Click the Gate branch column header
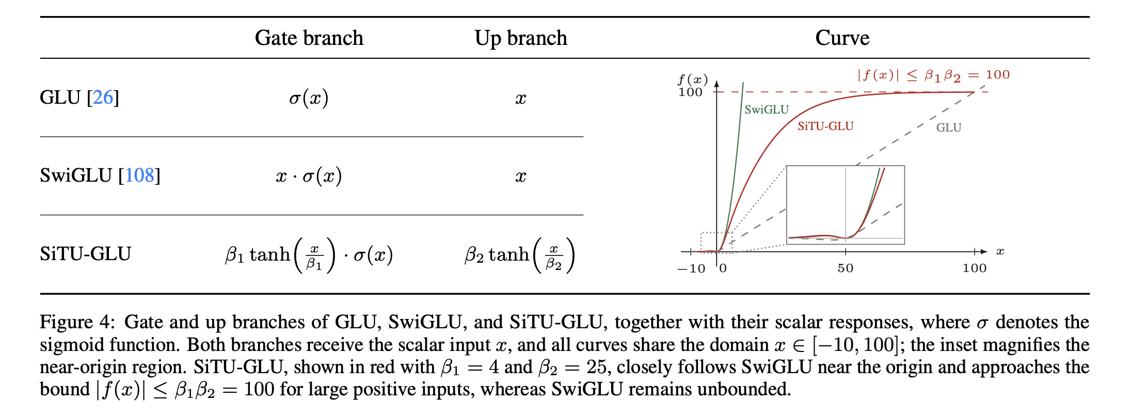[x=309, y=38]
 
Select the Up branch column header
[x=521, y=38]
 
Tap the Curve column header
[x=842, y=38]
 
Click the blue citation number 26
[x=103, y=97]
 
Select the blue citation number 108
[x=139, y=175]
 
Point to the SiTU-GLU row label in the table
[x=86, y=253]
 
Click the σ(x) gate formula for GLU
[x=309, y=98]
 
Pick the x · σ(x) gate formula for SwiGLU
[x=309, y=176]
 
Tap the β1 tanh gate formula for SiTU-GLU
[x=309, y=254]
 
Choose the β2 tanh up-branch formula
[x=520, y=254]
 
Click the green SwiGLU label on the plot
[x=767, y=109]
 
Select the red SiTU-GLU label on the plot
[x=825, y=126]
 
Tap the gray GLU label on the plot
[x=949, y=127]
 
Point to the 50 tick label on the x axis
[x=846, y=268]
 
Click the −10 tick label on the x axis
[x=691, y=268]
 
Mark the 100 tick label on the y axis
[x=690, y=92]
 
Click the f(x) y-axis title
[x=693, y=79]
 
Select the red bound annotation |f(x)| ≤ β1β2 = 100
[x=933, y=75]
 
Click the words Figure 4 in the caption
[x=75, y=322]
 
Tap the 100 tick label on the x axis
[x=975, y=268]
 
